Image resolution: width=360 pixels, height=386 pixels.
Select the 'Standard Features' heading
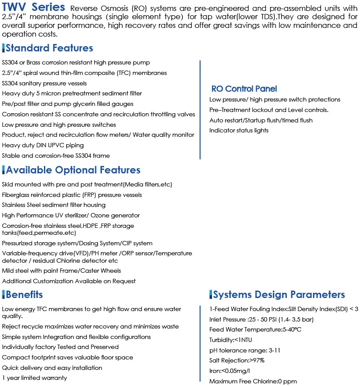pyautogui.click(x=49, y=48)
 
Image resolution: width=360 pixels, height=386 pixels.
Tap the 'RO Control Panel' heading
pyautogui.click(x=244, y=89)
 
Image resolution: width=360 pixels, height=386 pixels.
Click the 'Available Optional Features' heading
pyautogui.click(x=73, y=170)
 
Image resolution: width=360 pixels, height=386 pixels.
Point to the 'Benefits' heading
pyautogui.click(x=24, y=295)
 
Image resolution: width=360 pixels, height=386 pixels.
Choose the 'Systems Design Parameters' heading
pyautogui.click(x=279, y=295)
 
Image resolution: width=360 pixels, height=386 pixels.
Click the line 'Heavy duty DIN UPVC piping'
pyautogui.click(x=43, y=145)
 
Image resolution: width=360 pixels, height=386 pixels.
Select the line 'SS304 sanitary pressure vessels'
pyautogui.click(x=44, y=83)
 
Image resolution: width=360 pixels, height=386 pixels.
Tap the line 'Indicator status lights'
pyautogui.click(x=239, y=130)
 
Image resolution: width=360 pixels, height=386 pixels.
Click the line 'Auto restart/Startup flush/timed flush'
pyautogui.click(x=261, y=120)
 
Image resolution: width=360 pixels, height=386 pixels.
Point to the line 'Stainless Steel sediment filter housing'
pyautogui.click(x=54, y=205)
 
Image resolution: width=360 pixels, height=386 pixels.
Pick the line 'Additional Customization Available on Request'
pyautogui.click(x=69, y=281)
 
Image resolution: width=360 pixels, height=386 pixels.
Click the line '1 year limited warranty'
pyautogui.click(x=35, y=378)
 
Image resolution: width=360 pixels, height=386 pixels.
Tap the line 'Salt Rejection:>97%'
pyautogui.click(x=237, y=360)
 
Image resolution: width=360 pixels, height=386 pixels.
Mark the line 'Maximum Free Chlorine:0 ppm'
pyautogui.click(x=253, y=381)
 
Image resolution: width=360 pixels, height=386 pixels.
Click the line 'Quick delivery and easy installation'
pyautogui.click(x=52, y=368)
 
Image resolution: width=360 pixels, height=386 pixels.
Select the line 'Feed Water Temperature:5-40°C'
pyautogui.click(x=255, y=329)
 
